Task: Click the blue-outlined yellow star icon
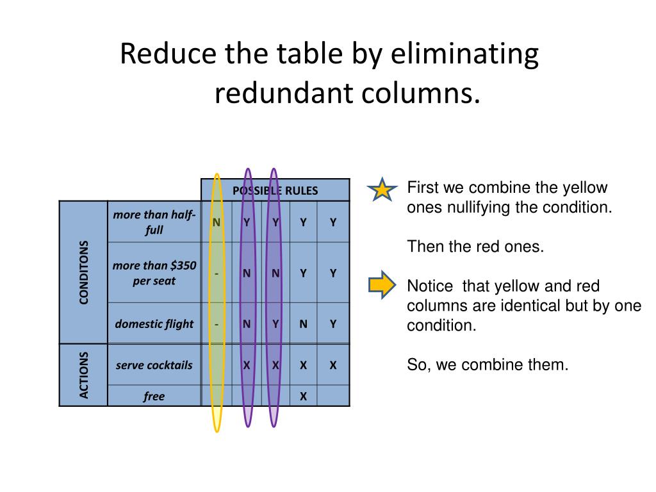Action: tap(382, 190)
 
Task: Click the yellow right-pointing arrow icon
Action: tap(382, 286)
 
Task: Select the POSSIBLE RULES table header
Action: tap(275, 190)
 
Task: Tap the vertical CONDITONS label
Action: tap(84, 272)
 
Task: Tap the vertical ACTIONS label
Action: tap(84, 375)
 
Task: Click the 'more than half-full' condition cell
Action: tap(154, 222)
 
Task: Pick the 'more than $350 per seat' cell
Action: tap(154, 273)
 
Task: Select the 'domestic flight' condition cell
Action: tap(154, 324)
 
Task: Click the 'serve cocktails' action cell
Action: tap(154, 365)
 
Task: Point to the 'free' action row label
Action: tap(154, 397)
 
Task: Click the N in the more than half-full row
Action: tap(217, 222)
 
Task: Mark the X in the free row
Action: tap(304, 397)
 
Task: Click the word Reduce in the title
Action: tap(167, 54)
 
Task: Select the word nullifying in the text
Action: tap(475, 208)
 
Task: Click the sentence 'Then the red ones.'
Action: tap(475, 247)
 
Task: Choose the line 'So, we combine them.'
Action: tap(488, 365)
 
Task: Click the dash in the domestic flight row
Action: tap(217, 324)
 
